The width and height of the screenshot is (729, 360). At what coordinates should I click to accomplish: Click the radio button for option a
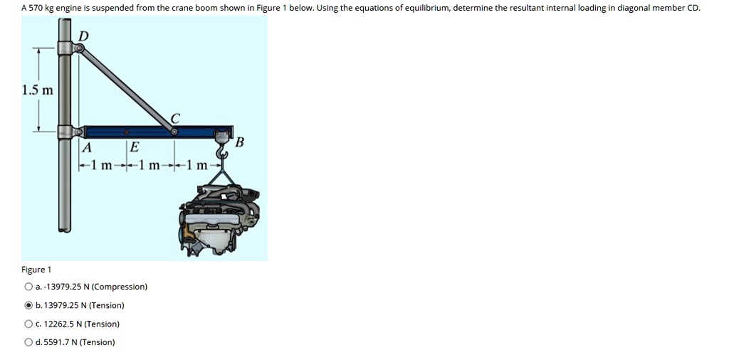pos(28,287)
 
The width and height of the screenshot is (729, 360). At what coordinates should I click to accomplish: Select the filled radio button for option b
pos(28,306)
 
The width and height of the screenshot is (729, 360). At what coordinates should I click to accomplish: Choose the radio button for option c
pos(28,324)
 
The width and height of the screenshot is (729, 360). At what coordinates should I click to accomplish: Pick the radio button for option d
pos(28,343)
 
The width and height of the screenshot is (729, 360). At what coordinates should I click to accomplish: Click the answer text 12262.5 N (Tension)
pos(81,324)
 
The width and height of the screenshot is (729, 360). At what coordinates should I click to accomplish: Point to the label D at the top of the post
pos(83,36)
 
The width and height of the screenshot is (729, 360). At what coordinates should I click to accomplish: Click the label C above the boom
pos(175,118)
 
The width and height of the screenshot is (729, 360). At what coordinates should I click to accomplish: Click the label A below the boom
pos(87,148)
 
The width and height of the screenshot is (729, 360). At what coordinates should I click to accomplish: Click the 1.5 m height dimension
pos(37,90)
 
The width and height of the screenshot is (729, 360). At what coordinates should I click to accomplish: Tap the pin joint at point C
pos(174,132)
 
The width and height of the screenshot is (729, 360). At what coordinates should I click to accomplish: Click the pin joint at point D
pos(79,48)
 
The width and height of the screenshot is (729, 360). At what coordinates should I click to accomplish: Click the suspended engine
pos(219,213)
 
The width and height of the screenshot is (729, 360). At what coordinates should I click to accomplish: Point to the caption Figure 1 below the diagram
pos(36,270)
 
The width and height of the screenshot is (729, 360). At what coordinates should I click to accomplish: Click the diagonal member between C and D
pos(127,90)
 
